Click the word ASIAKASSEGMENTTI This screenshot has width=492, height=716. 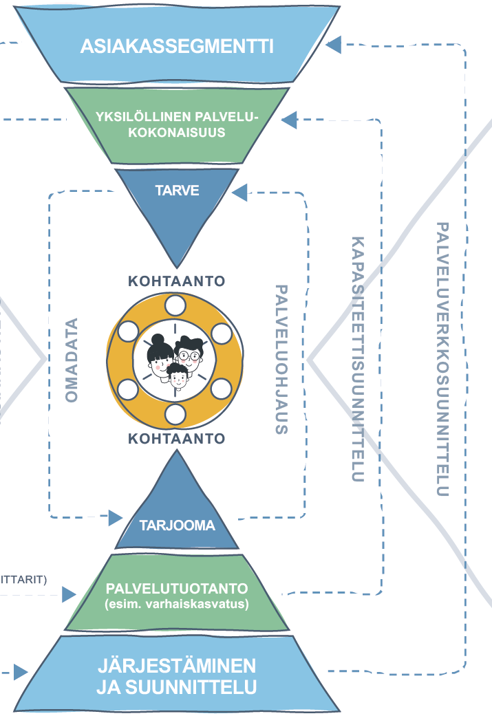[177, 46]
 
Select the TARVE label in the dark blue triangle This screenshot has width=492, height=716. [177, 191]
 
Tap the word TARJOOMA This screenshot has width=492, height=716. [177, 525]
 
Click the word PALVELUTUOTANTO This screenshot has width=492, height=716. [177, 590]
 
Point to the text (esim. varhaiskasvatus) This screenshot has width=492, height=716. [177, 605]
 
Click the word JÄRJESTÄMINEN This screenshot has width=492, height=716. [177, 666]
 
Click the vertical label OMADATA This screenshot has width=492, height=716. [72, 359]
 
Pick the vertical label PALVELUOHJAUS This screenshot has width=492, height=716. [281, 359]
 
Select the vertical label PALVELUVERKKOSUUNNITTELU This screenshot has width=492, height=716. [442, 359]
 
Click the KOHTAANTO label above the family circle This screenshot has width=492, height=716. [177, 281]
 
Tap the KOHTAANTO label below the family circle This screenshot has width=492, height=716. [177, 437]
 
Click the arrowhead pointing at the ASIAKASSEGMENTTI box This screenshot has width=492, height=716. [334, 45]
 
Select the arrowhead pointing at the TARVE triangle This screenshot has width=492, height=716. [240, 193]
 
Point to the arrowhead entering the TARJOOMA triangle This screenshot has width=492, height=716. [115, 517]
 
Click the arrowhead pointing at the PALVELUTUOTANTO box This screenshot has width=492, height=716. [69, 594]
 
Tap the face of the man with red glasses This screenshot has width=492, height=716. [191, 354]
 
